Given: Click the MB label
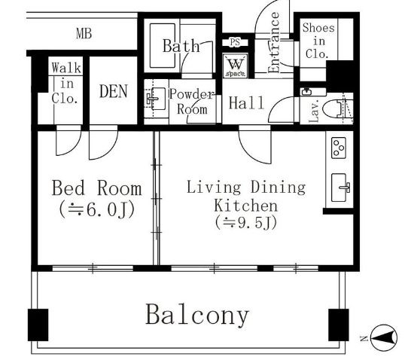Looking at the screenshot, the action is [x=84, y=33].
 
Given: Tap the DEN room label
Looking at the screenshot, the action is [x=114, y=91].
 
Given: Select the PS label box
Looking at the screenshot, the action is [x=235, y=42].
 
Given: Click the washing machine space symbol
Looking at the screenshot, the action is [x=236, y=66].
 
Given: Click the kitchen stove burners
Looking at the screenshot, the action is [x=339, y=148].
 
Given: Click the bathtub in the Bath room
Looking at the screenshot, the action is [x=163, y=46].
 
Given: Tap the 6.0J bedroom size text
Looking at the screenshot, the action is [x=97, y=210].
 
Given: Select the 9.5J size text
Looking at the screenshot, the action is [x=246, y=223].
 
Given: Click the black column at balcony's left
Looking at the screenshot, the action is [x=38, y=325].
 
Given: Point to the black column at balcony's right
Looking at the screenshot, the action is [x=339, y=325].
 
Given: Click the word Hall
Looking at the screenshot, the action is [x=246, y=103].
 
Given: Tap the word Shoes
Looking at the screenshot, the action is [x=318, y=28].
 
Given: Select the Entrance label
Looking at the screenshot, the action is [x=274, y=43].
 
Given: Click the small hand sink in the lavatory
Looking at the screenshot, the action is [x=307, y=92].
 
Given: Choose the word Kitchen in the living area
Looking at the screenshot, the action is [x=246, y=206].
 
